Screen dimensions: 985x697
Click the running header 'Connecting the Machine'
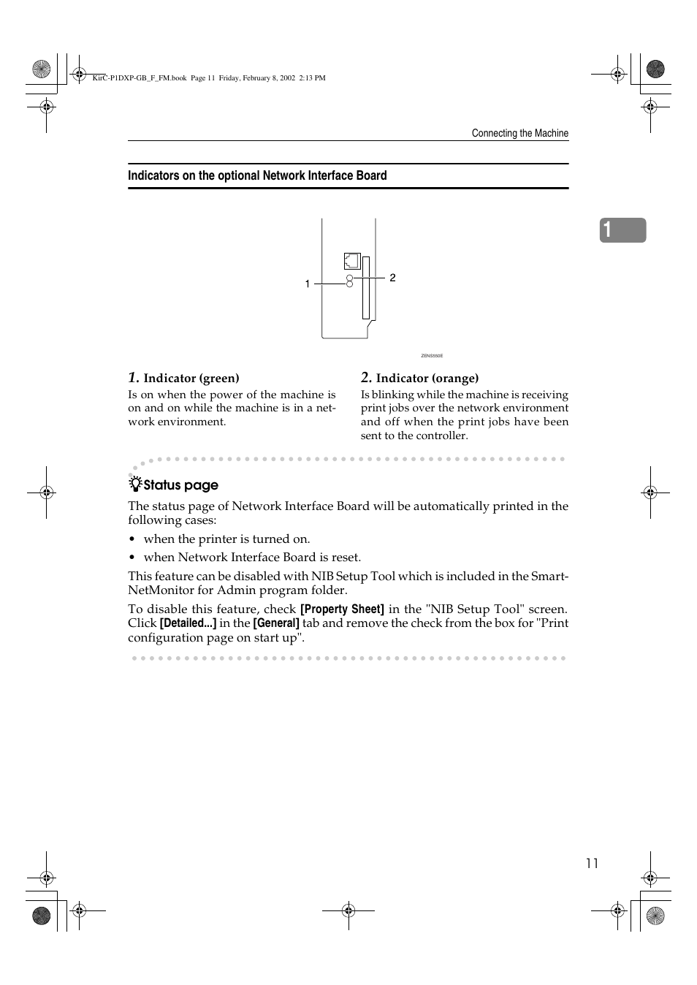click(x=519, y=133)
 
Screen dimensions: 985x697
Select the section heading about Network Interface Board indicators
click(x=257, y=175)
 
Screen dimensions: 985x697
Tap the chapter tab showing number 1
click(x=622, y=230)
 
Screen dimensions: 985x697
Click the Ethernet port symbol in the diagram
click(x=351, y=261)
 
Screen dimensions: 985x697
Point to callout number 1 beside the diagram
click(x=308, y=284)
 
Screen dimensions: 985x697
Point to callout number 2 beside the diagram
click(x=392, y=278)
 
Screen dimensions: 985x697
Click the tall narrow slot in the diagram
click(x=366, y=288)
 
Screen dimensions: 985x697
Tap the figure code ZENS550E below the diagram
click(x=432, y=356)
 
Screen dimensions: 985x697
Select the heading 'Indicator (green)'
click(x=191, y=378)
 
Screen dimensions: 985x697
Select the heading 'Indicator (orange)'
click(x=427, y=378)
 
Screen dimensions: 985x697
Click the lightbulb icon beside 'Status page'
click(x=135, y=484)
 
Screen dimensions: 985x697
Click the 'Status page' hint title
click(x=180, y=485)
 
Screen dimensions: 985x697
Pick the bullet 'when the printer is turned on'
click(x=226, y=539)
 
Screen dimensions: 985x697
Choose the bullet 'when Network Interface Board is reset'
click(x=252, y=557)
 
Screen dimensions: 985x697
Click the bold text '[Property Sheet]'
click(x=342, y=609)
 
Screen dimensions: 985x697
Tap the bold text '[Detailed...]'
click(x=188, y=623)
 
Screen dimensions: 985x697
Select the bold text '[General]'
click(x=276, y=623)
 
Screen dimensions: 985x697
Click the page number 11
click(x=592, y=863)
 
